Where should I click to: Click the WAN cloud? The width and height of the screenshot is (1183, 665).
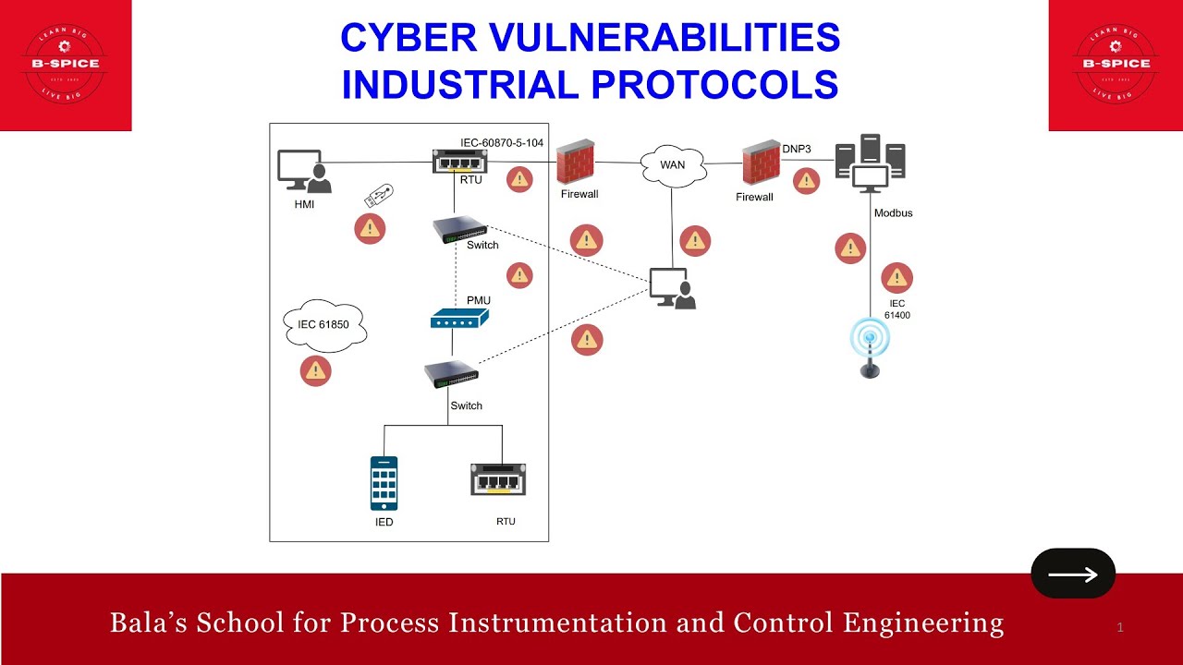(673, 165)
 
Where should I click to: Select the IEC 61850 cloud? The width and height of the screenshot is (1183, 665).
(323, 325)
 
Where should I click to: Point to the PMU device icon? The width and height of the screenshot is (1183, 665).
(459, 319)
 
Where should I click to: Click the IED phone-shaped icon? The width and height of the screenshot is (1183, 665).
(384, 483)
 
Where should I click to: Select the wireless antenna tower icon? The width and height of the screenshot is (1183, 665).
(870, 347)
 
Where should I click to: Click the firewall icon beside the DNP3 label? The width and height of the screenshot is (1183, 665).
(761, 163)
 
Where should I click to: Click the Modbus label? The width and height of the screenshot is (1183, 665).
(893, 213)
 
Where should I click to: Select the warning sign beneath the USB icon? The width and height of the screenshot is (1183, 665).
(370, 228)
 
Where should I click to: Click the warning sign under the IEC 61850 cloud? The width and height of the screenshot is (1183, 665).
(316, 370)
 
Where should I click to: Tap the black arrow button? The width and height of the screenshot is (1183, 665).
(1073, 574)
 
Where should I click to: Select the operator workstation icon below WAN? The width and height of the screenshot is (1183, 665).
(672, 288)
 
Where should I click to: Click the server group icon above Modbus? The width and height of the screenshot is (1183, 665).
(870, 163)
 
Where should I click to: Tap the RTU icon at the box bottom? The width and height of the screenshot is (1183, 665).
(505, 482)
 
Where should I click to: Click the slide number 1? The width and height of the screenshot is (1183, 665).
(1120, 628)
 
